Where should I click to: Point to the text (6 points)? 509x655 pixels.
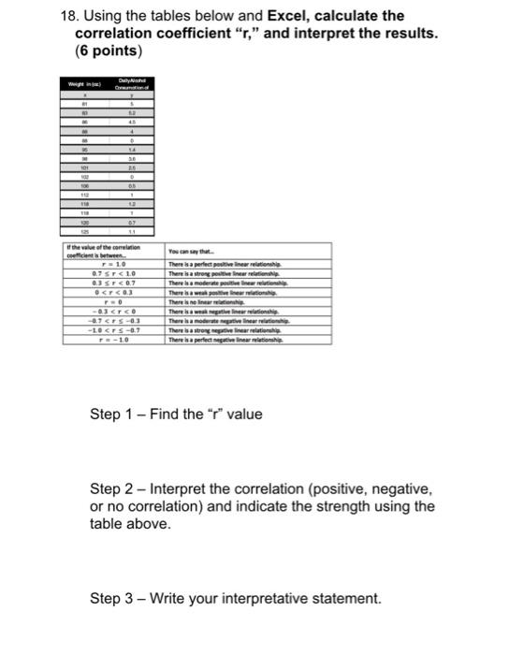point(109,50)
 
